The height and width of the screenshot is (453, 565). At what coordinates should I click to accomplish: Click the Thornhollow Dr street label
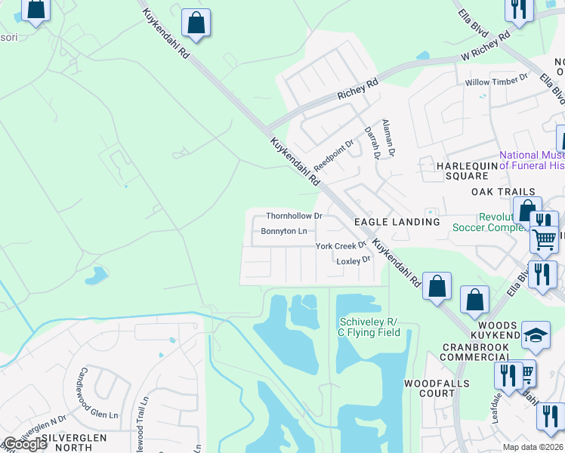(x=294, y=216)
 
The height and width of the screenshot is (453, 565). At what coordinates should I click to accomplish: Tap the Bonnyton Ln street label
(x=283, y=231)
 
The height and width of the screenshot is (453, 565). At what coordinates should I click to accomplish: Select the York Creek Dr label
(x=340, y=246)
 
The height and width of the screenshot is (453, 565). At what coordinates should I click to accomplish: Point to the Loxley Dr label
(x=354, y=260)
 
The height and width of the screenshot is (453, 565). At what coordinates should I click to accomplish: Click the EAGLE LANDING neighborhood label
(x=397, y=222)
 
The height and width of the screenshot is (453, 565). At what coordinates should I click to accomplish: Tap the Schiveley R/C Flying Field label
(x=368, y=327)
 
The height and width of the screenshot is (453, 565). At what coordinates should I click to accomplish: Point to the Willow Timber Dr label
(x=496, y=79)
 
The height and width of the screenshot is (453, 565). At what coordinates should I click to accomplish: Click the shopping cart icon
(x=544, y=241)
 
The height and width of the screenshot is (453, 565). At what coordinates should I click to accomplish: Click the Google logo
(x=24, y=444)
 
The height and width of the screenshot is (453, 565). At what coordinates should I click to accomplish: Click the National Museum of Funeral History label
(x=521, y=159)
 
